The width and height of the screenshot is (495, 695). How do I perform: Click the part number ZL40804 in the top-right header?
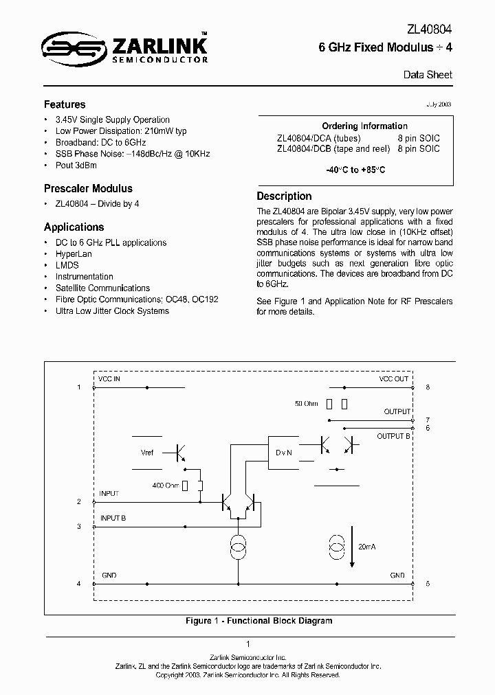(x=428, y=31)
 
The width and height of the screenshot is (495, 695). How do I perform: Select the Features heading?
(x=65, y=105)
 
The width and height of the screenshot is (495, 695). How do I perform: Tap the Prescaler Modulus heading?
(x=88, y=188)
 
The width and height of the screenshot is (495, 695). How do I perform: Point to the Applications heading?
(x=74, y=227)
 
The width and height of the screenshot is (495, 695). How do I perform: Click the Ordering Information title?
(x=364, y=126)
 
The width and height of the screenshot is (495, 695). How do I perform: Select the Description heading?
(x=284, y=196)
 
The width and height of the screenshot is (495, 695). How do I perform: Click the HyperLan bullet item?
(x=72, y=253)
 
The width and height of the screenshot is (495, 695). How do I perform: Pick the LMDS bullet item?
(x=67, y=265)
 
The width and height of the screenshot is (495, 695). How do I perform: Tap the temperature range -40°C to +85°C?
(x=355, y=170)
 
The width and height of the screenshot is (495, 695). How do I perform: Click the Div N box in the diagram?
(x=285, y=453)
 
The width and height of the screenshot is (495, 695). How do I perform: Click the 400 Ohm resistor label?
(x=166, y=486)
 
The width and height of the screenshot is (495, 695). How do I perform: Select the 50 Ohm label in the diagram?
(x=306, y=404)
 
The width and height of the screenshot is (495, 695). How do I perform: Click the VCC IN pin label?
(x=109, y=379)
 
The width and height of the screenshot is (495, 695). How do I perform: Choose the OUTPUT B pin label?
(x=394, y=436)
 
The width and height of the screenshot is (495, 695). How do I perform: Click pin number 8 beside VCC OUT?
(x=428, y=387)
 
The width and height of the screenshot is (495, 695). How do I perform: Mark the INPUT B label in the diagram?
(x=113, y=519)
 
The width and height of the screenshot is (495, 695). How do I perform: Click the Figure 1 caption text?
(x=259, y=621)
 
